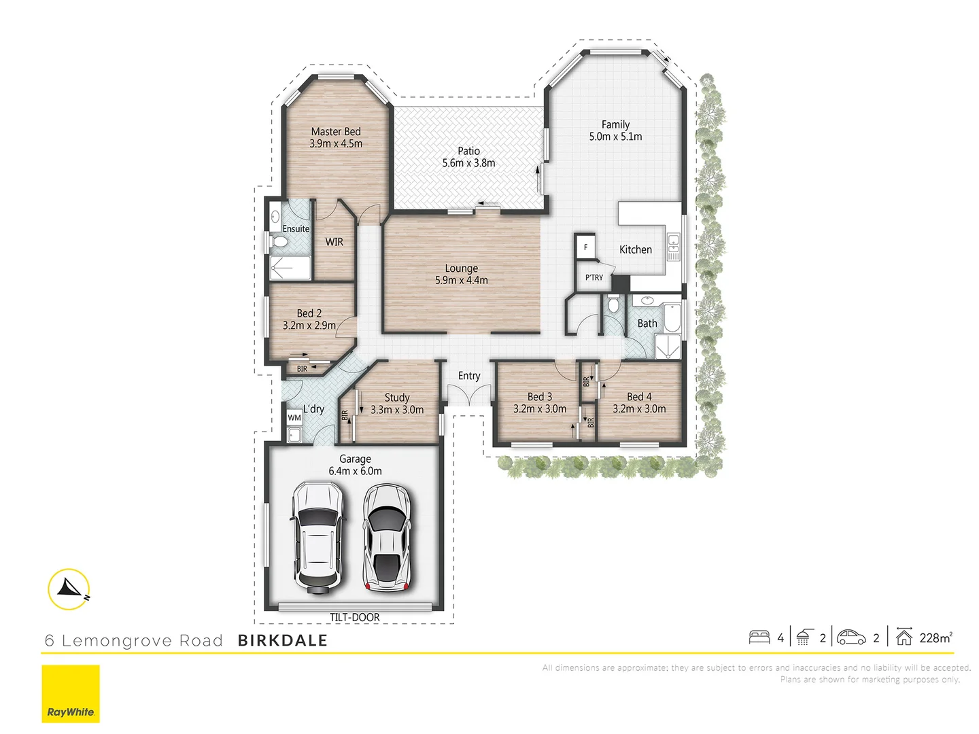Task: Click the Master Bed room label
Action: [336, 131]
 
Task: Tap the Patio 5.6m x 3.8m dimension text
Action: [468, 163]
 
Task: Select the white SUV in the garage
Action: [317, 537]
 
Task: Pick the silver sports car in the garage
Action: [386, 537]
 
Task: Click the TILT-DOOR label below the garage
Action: [354, 617]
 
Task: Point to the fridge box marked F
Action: [585, 247]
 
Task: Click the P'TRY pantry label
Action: [594, 277]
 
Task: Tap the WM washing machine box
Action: [294, 417]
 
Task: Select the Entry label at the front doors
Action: [468, 376]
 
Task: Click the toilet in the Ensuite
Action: [279, 241]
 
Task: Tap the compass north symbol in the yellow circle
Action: [69, 589]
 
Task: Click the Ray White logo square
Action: [71, 694]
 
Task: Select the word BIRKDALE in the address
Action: [283, 640]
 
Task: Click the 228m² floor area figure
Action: [935, 637]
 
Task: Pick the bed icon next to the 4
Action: [759, 637]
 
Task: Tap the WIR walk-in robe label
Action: [334, 242]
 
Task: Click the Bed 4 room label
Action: [639, 396]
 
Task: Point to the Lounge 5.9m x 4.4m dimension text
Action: [462, 280]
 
